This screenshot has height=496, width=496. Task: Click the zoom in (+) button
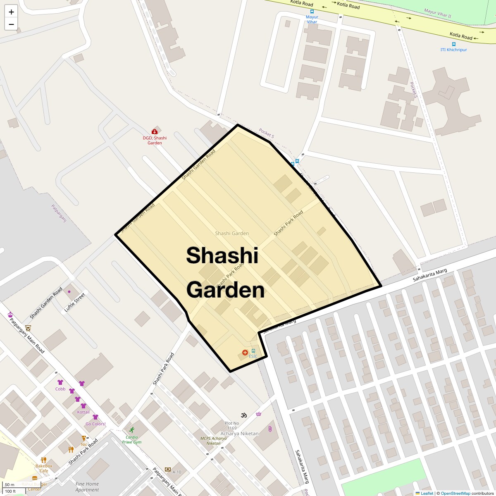coord(11,12)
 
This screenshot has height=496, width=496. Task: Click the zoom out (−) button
coord(11,24)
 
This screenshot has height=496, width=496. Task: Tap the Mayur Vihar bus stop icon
coord(312,12)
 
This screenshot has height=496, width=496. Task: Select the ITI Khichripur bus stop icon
coord(454,44)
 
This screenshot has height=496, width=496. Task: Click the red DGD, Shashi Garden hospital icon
coord(155,131)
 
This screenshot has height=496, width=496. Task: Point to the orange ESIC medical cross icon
coord(245,353)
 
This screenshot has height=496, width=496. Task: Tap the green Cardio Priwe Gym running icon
coord(132,430)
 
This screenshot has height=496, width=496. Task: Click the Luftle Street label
coord(75,303)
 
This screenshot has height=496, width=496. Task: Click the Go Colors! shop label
coord(95,424)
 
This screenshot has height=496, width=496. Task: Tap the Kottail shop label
coord(83,412)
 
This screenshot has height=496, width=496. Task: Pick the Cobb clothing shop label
coord(60,389)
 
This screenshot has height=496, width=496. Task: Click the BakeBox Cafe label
coord(44,468)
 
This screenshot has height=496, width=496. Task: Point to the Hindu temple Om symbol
coord(244,415)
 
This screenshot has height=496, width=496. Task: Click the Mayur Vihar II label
coord(437,13)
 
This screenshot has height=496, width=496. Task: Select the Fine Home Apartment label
coord(87,487)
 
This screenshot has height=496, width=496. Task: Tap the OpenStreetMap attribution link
coord(455,493)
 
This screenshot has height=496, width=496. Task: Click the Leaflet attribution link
coord(427,493)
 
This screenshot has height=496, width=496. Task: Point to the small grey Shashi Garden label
coord(232,234)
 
